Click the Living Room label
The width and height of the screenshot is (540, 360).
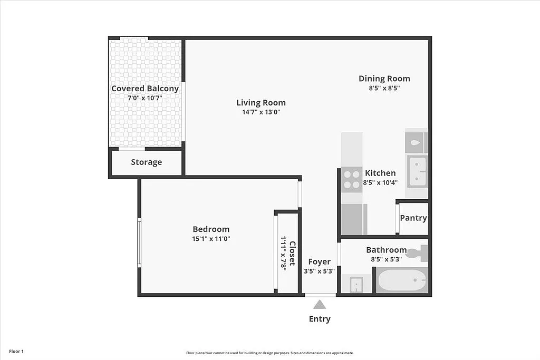click(261, 103)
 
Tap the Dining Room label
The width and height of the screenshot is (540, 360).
click(384, 79)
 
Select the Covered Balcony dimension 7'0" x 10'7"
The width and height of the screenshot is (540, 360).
click(145, 98)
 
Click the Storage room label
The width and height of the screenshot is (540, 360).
click(146, 162)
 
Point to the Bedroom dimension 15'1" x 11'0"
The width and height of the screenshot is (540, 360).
click(211, 239)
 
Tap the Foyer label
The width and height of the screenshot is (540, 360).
click(319, 262)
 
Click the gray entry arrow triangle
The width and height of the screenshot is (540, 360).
click(319, 304)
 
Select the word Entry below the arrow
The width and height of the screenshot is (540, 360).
click(320, 319)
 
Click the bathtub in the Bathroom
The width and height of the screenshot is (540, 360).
click(402, 279)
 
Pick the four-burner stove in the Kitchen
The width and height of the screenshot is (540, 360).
click(351, 179)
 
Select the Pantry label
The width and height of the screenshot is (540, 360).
click(413, 218)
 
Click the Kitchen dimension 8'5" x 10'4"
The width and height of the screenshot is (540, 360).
click(380, 183)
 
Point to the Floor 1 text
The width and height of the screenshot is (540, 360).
click(16, 351)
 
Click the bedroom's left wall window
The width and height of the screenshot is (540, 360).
click(139, 243)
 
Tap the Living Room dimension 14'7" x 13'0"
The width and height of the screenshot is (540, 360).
click(261, 112)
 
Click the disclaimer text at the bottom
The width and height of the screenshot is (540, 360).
click(269, 353)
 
